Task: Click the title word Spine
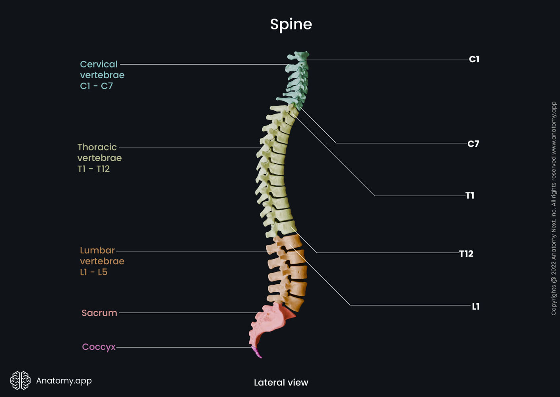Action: (291, 24)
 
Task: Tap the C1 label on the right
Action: (474, 59)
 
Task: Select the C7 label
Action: (473, 144)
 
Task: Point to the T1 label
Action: (470, 195)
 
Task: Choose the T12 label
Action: (466, 254)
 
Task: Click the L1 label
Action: (476, 306)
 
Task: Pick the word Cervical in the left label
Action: (99, 64)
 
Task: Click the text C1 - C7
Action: (97, 86)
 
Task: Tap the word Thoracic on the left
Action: (97, 147)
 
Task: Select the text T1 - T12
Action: (93, 169)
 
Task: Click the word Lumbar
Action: (97, 251)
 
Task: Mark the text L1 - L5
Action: (93, 272)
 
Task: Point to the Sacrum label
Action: (99, 313)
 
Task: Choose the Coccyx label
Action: (99, 347)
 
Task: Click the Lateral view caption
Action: (281, 382)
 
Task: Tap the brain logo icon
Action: (20, 380)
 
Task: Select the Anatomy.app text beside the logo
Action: (64, 380)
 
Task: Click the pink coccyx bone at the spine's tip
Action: (257, 353)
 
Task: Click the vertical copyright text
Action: (554, 208)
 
